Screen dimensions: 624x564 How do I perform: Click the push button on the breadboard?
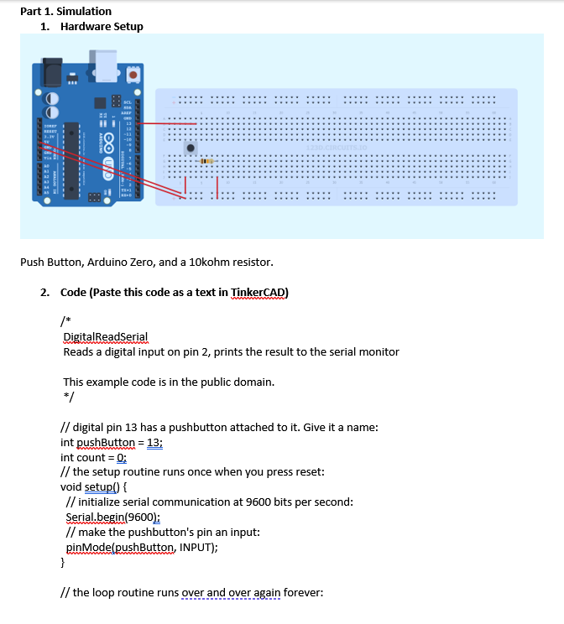click(191, 148)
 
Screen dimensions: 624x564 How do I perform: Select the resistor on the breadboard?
click(205, 160)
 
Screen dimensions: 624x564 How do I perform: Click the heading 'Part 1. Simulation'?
click(65, 11)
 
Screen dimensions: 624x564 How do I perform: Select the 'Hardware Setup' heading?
click(102, 27)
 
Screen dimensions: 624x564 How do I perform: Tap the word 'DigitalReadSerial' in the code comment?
click(106, 336)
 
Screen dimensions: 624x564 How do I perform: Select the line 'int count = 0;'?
click(93, 457)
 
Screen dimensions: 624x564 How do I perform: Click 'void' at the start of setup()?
click(72, 487)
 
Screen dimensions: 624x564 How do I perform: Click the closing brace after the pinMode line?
click(64, 563)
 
